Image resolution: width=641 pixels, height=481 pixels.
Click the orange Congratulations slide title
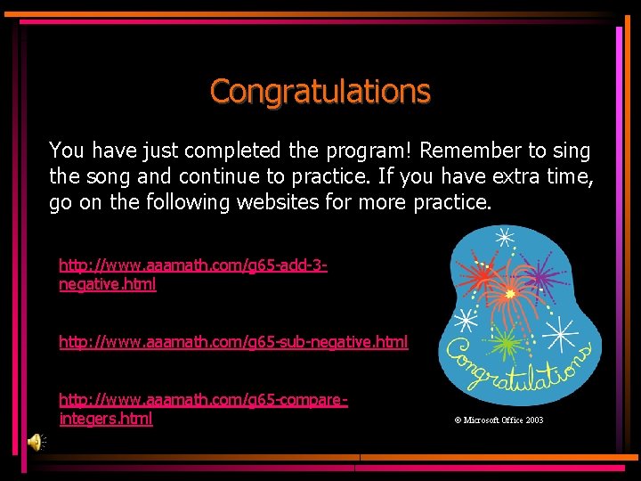click(x=320, y=91)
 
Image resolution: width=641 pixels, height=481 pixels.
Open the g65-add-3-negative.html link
click(x=192, y=274)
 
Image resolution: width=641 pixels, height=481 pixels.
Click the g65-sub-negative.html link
click(x=233, y=342)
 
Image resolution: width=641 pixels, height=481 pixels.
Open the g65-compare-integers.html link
click(x=203, y=409)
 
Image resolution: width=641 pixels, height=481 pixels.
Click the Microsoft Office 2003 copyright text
click(x=498, y=420)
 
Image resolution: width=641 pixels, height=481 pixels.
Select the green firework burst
click(x=504, y=342)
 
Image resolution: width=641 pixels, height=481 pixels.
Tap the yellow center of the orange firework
click(x=510, y=293)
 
